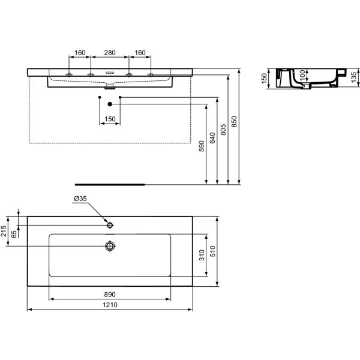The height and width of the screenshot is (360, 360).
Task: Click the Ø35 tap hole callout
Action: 80,198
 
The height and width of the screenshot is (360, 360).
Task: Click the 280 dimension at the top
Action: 109,53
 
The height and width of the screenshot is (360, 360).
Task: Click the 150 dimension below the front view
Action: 109,119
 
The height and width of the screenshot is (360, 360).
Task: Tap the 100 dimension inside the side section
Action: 302,74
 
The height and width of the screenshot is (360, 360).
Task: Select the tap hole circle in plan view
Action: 110,225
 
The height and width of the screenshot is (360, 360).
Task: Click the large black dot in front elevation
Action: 110,104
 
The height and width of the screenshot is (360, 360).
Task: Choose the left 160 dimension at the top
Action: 80,53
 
